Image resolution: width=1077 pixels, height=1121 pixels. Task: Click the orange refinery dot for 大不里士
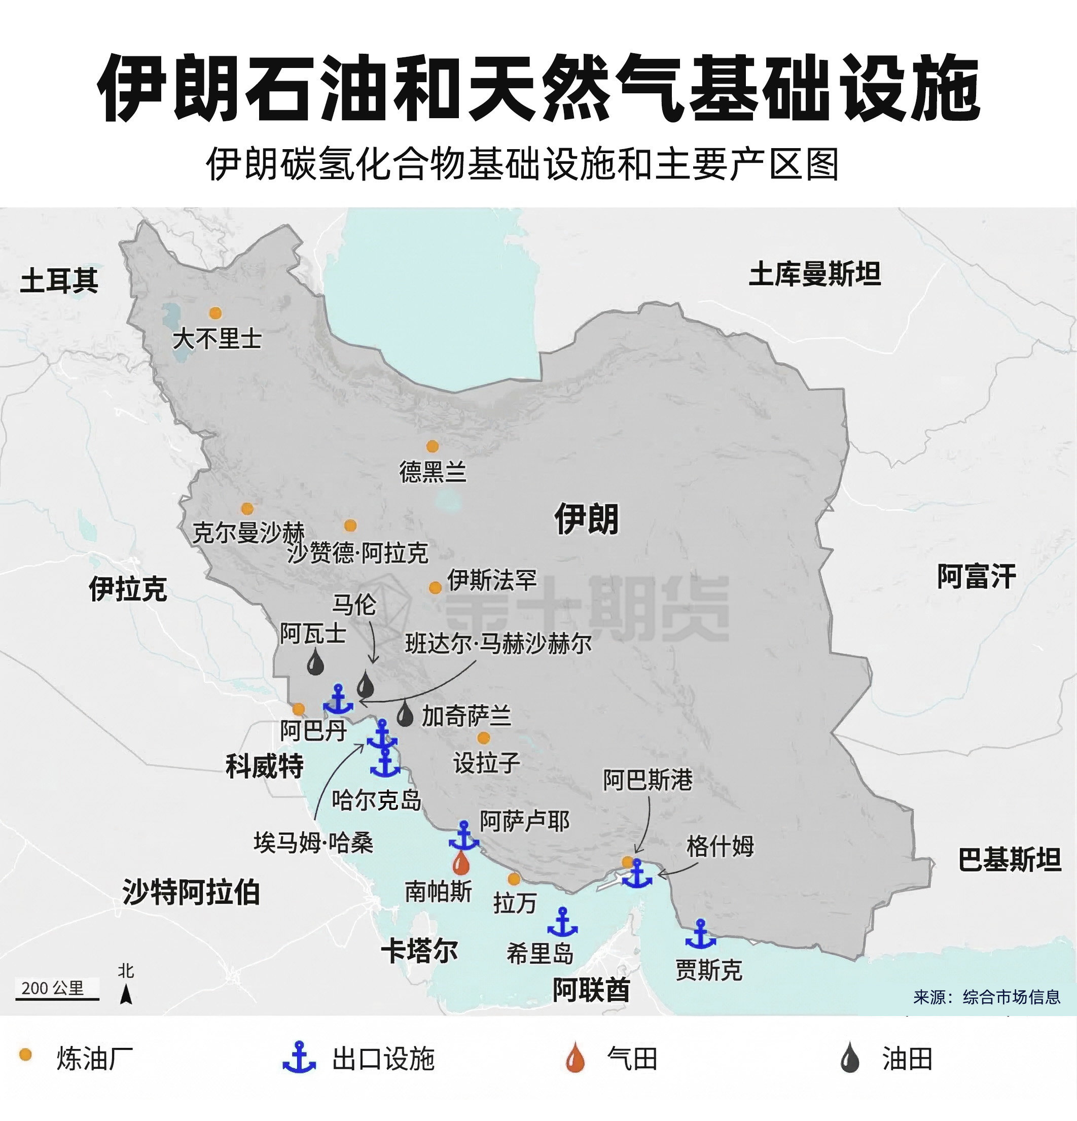pyautogui.click(x=216, y=313)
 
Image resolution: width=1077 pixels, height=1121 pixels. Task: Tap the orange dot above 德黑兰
pyautogui.click(x=433, y=446)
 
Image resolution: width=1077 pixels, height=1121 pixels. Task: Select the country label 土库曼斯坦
pyautogui.click(x=815, y=274)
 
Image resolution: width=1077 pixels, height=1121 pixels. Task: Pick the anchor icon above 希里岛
pyautogui.click(x=562, y=922)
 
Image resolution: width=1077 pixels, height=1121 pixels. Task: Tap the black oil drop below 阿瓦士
pyautogui.click(x=315, y=664)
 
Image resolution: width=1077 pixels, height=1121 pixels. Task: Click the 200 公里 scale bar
pyautogui.click(x=57, y=999)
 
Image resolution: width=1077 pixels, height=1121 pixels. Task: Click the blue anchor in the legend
pyautogui.click(x=299, y=1058)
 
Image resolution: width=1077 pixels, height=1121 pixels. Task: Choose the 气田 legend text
pyautogui.click(x=632, y=1059)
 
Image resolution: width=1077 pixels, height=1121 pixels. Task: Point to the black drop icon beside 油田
pyautogui.click(x=850, y=1058)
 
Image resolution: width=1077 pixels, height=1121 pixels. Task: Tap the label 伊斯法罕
pyautogui.click(x=492, y=580)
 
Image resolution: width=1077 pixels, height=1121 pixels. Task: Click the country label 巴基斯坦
pyautogui.click(x=1010, y=860)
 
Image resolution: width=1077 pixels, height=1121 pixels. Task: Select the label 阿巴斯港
pyautogui.click(x=648, y=780)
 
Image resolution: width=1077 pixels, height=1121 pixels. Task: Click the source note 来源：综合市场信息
pyautogui.click(x=987, y=997)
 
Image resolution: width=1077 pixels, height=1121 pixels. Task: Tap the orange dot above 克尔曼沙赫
pyautogui.click(x=247, y=508)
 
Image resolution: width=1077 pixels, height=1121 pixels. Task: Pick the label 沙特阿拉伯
pyautogui.click(x=191, y=892)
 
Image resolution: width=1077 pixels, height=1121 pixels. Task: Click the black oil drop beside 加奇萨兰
pyautogui.click(x=405, y=714)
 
